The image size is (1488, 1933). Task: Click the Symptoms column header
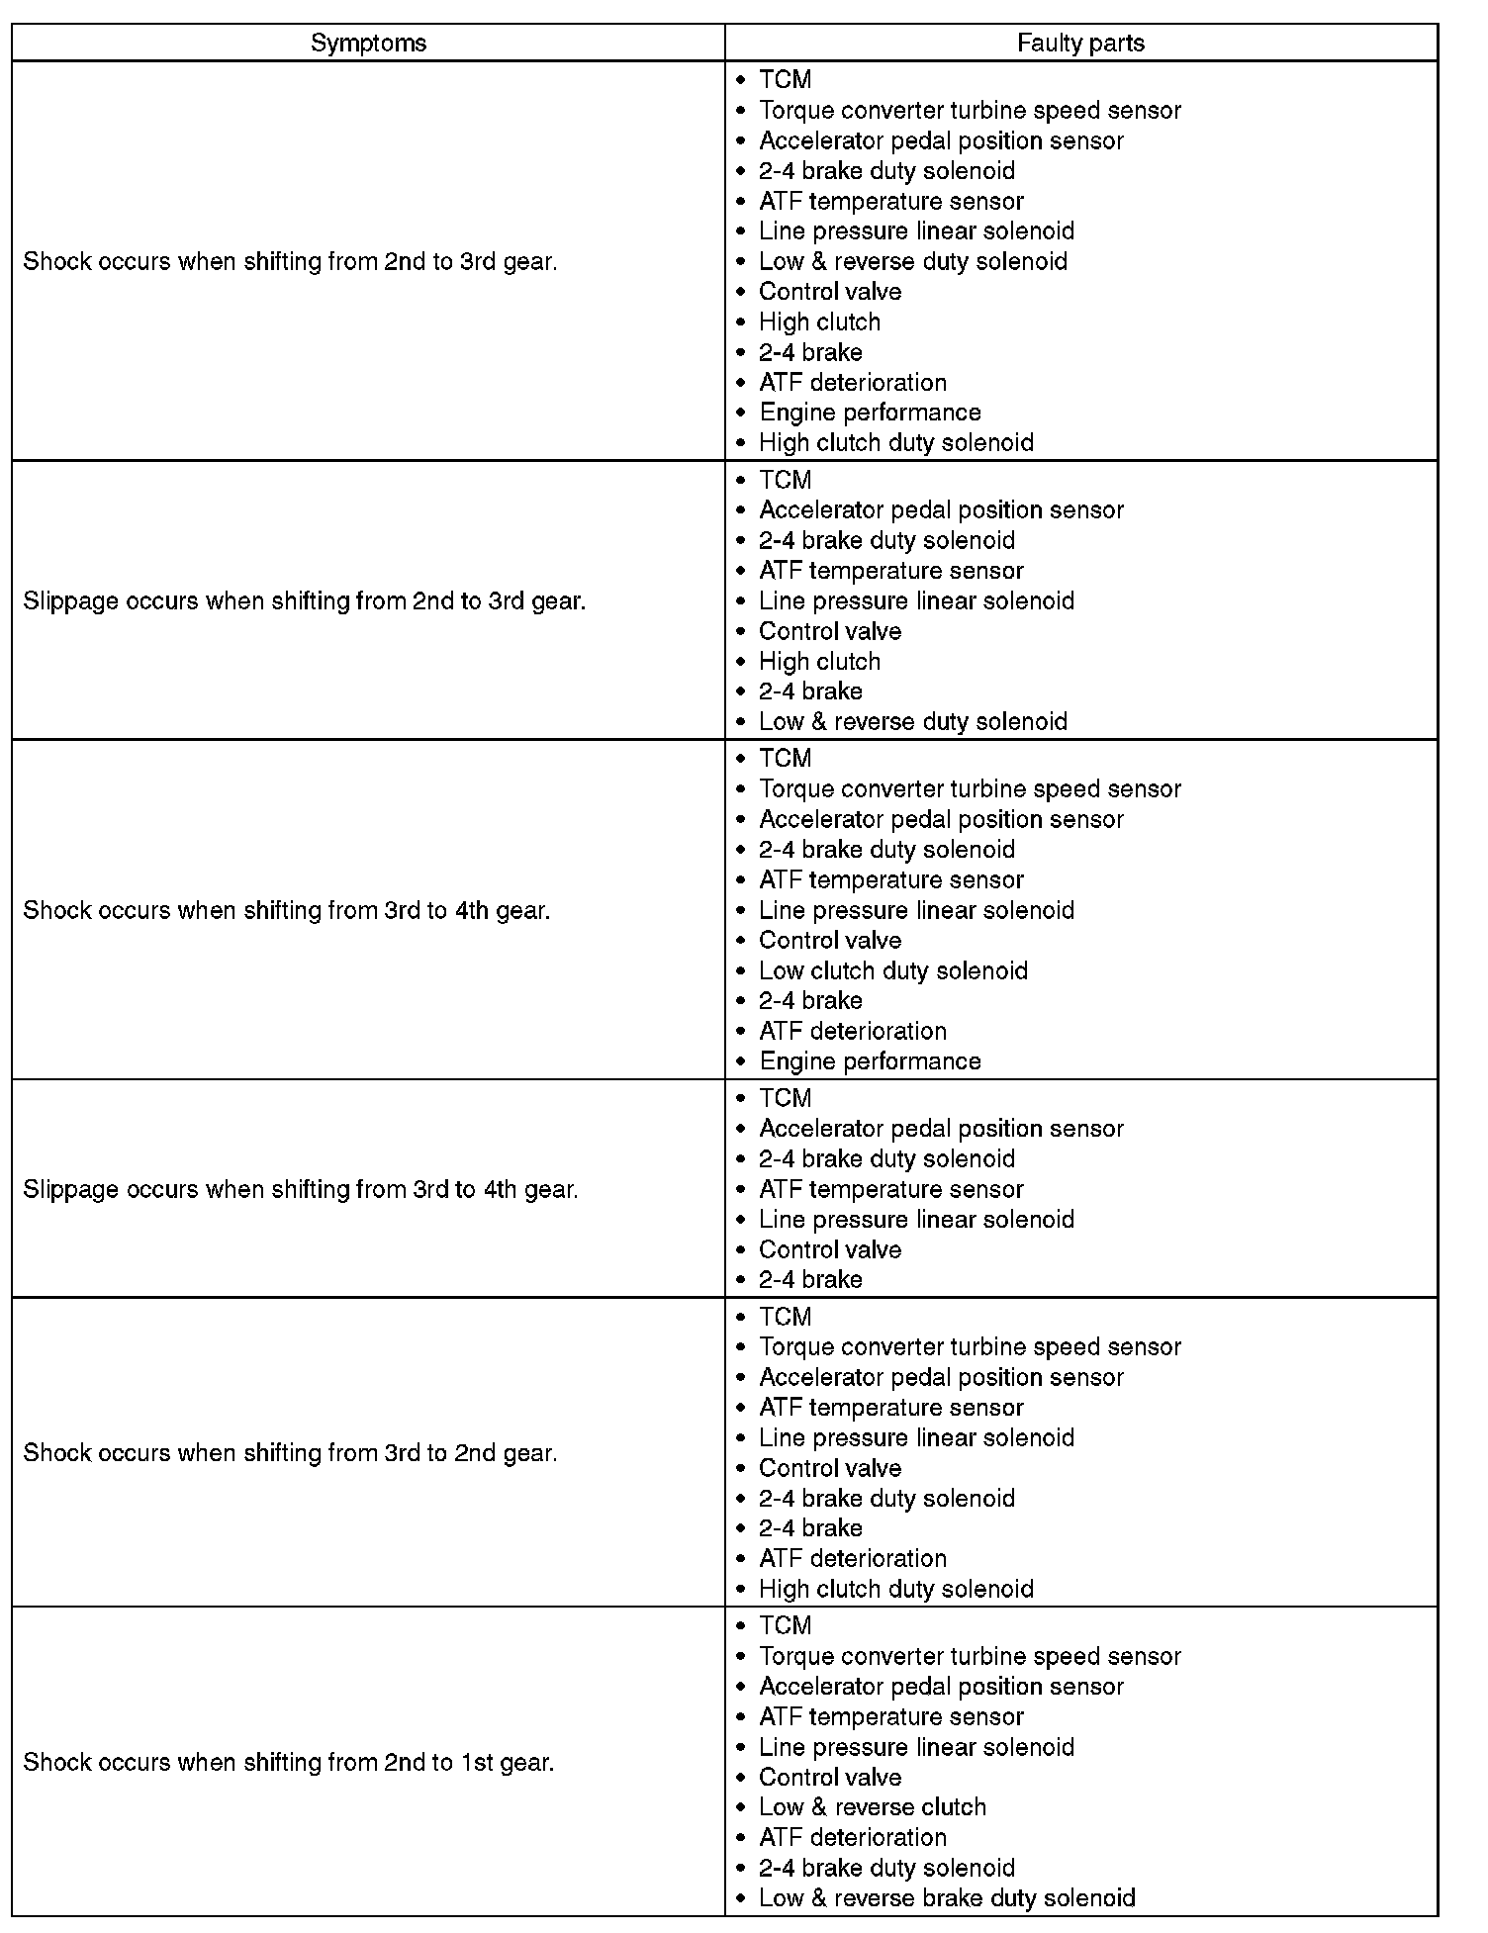pyautogui.click(x=368, y=43)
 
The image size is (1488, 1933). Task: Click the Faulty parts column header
pyautogui.click(x=1080, y=43)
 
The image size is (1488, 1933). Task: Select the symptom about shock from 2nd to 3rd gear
pyautogui.click(x=290, y=262)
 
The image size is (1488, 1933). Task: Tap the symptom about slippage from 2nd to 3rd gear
pyautogui.click(x=304, y=601)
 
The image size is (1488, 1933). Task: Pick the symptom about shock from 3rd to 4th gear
pyautogui.click(x=286, y=910)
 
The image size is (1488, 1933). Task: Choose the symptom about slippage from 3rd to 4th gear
pyautogui.click(x=300, y=1189)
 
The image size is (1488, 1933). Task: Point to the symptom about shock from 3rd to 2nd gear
pyautogui.click(x=290, y=1453)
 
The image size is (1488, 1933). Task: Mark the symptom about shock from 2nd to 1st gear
pyautogui.click(x=288, y=1762)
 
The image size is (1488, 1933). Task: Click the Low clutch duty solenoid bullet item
pyautogui.click(x=892, y=970)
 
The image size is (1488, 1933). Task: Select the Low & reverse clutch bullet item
pyautogui.click(x=872, y=1807)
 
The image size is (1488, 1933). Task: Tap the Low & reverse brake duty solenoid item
pyautogui.click(x=946, y=1898)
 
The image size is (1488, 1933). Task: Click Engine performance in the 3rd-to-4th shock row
pyautogui.click(x=870, y=1061)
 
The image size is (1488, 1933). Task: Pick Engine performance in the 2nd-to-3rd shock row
pyautogui.click(x=870, y=413)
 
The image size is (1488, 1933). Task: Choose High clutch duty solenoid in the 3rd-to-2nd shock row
pyautogui.click(x=895, y=1589)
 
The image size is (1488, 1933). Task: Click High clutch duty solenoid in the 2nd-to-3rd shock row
pyautogui.click(x=895, y=442)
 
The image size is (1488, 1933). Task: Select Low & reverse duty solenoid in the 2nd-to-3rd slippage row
pyautogui.click(x=912, y=721)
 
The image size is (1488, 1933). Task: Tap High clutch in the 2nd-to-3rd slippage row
pyautogui.click(x=819, y=661)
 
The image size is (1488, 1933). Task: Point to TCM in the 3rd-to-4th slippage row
pyautogui.click(x=785, y=1098)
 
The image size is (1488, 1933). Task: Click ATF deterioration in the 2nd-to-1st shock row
pyautogui.click(x=852, y=1837)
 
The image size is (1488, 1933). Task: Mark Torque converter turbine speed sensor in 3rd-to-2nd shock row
pyautogui.click(x=970, y=1347)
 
